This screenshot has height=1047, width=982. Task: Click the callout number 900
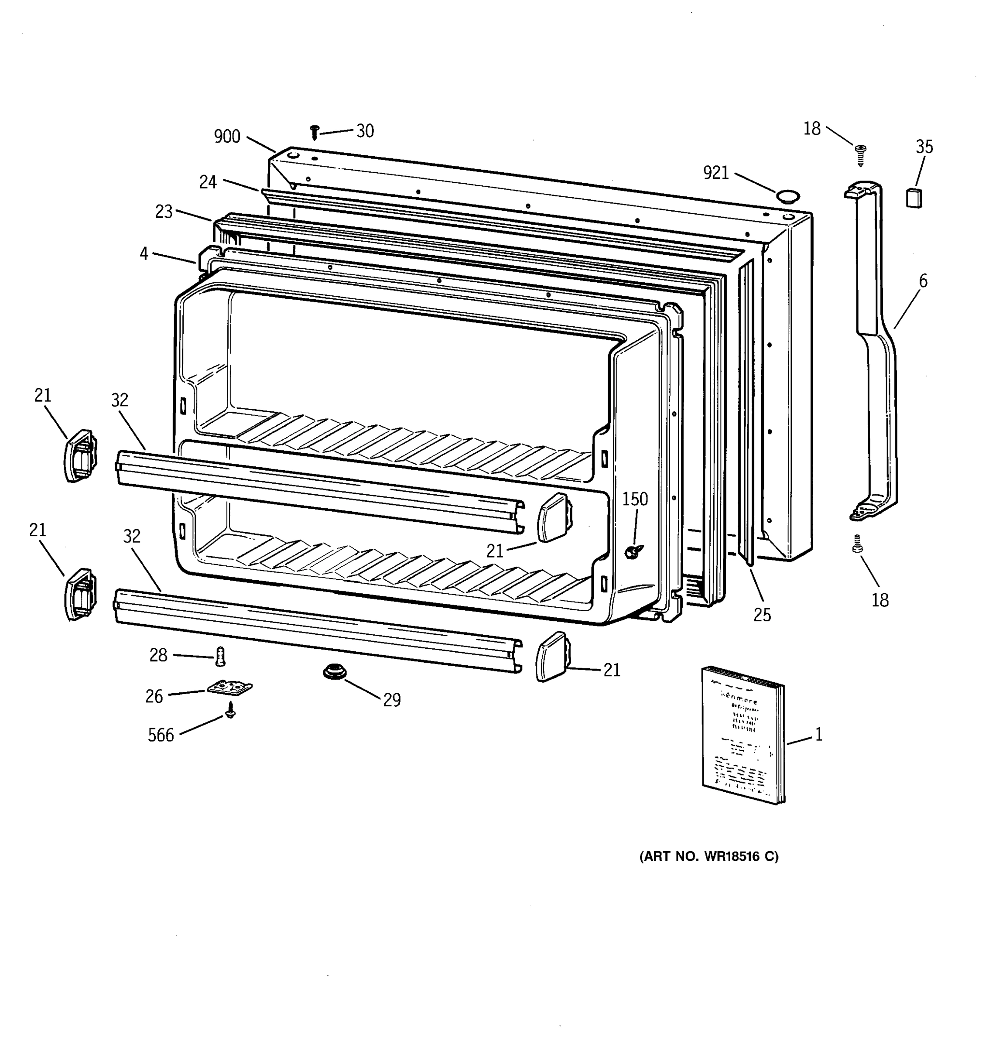tap(227, 137)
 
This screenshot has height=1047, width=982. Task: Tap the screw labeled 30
tap(315, 132)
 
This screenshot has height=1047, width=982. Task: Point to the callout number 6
tap(923, 281)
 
